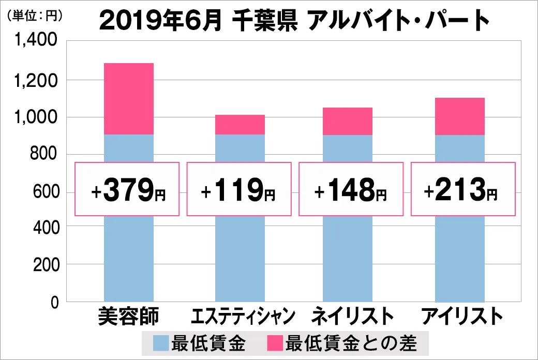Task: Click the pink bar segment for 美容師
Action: pos(129,99)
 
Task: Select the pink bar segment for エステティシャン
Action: pos(240,125)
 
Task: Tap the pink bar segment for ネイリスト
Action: pos(348,121)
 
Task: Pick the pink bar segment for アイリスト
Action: pos(459,116)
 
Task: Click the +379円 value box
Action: pos(128,189)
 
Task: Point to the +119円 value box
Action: pos(240,189)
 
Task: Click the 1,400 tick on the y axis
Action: pos(39,42)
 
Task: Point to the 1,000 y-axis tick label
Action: pos(39,117)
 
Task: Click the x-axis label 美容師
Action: pos(128,317)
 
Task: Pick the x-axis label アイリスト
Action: pos(462,317)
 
